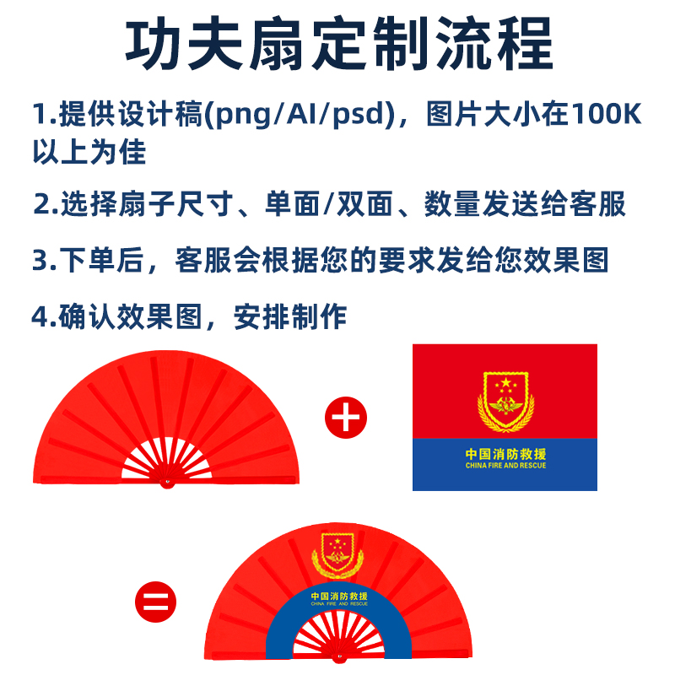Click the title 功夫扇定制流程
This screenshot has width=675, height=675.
339,44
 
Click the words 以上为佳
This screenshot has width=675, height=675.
89,152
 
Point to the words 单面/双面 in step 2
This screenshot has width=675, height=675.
328,203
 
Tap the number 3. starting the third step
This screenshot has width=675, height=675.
45,261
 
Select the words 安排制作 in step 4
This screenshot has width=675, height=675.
290,317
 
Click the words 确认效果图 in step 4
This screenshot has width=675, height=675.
130,317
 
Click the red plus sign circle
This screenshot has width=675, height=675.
346,418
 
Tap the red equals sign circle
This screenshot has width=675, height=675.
155,602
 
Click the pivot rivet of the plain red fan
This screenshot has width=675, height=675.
166,482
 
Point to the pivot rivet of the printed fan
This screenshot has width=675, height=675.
339,657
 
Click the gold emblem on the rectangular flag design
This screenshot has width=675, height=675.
505,402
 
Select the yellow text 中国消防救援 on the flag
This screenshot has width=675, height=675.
505,454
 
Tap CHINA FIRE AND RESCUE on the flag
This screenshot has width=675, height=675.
505,466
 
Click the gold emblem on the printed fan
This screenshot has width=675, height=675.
337,555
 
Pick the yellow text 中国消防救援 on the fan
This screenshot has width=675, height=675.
339,597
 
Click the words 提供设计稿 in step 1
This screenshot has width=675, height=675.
130,114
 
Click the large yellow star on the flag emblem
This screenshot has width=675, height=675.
505,382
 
